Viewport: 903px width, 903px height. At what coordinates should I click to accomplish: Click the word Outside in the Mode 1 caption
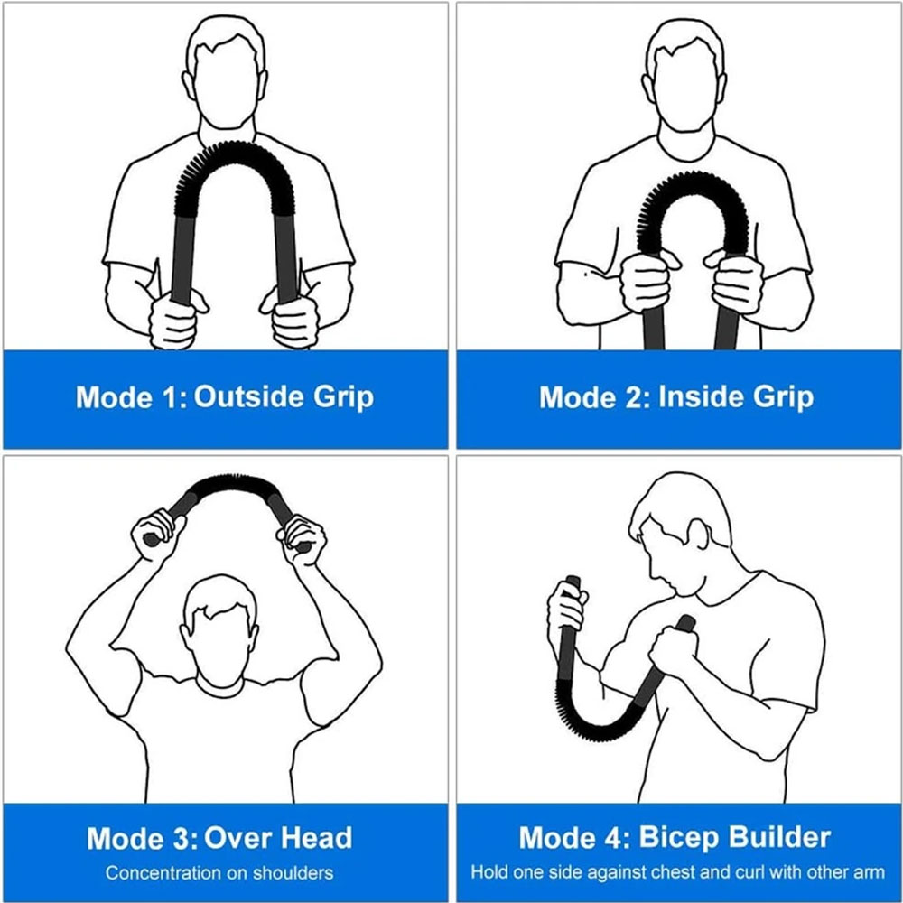(x=249, y=396)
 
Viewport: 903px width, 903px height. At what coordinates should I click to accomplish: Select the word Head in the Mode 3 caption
(x=315, y=838)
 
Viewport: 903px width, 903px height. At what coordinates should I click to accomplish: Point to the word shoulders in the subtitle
(x=293, y=873)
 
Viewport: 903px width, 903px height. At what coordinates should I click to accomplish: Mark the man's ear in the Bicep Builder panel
(x=697, y=534)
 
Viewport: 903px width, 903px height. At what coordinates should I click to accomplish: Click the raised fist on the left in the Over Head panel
(x=154, y=535)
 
